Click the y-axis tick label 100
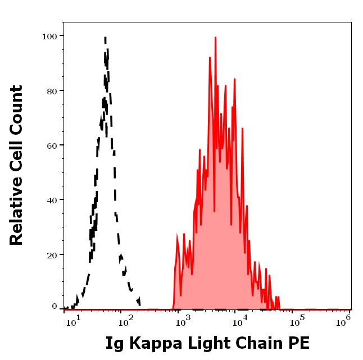click(x=50, y=36)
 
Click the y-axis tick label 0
click(x=55, y=307)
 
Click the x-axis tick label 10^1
click(x=74, y=321)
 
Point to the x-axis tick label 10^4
click(x=241, y=321)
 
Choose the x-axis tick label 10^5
click(x=296, y=321)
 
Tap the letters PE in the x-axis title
click(x=298, y=343)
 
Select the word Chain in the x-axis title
click(x=257, y=343)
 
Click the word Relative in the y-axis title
click(x=17, y=214)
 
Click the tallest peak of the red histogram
click(x=215, y=38)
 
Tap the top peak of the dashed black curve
click(x=105, y=38)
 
